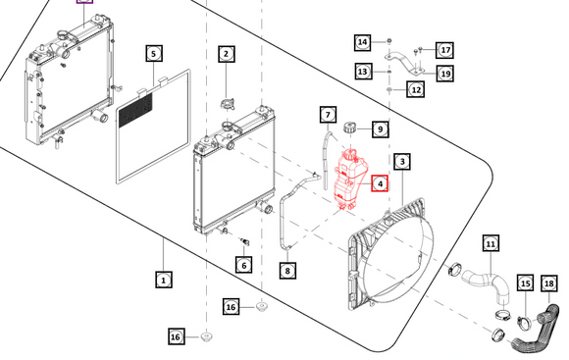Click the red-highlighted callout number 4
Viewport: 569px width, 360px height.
(380, 183)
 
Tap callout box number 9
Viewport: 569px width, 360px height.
(380, 129)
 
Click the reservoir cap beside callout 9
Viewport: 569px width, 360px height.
(350, 128)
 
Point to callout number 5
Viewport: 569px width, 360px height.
(154, 54)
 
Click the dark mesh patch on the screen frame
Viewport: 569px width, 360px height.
(135, 109)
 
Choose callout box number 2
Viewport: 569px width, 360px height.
(227, 54)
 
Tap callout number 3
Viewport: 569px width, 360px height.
(402, 162)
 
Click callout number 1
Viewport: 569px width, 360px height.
(164, 280)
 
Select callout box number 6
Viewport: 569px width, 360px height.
(244, 265)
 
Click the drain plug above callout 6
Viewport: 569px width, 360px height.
(244, 241)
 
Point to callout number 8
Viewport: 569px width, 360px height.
(287, 271)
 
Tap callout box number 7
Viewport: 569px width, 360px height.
(328, 115)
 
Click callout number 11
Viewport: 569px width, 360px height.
(491, 244)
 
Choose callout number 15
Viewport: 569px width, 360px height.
(526, 283)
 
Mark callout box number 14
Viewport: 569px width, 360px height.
(363, 42)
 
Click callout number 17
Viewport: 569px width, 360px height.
(445, 50)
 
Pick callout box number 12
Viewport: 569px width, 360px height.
(416, 89)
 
